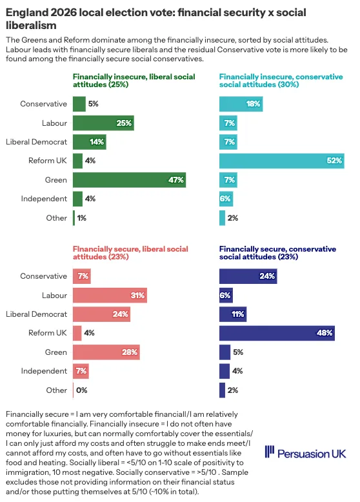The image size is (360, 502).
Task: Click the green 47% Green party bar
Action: point(129,180)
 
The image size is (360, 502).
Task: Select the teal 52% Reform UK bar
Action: point(281,161)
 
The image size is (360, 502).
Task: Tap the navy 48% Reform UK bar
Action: point(277,333)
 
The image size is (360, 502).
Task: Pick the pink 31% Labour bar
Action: point(110,295)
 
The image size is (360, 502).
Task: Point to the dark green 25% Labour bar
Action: point(103,123)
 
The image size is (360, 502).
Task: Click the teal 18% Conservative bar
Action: point(241,104)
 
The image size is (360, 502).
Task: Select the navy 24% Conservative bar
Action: point(248,276)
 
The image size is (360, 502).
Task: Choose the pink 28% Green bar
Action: point(106,352)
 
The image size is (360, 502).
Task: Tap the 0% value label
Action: point(81,390)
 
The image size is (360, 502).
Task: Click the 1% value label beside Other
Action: point(81,218)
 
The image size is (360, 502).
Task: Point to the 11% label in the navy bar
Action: point(238,314)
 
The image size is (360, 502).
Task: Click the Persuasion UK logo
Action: point(305,453)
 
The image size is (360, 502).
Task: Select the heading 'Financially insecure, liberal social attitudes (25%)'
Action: point(134,81)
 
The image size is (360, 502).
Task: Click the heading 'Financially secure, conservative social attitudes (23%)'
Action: point(277,253)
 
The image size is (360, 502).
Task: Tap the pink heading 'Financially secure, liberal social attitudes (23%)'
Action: point(130,253)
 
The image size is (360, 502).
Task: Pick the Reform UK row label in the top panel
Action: point(48,161)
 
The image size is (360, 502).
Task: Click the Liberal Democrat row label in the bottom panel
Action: point(37,314)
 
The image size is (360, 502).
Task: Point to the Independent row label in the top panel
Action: point(44,199)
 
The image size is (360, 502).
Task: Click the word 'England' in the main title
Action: point(26,12)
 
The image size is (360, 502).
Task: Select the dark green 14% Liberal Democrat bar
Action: point(90,142)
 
